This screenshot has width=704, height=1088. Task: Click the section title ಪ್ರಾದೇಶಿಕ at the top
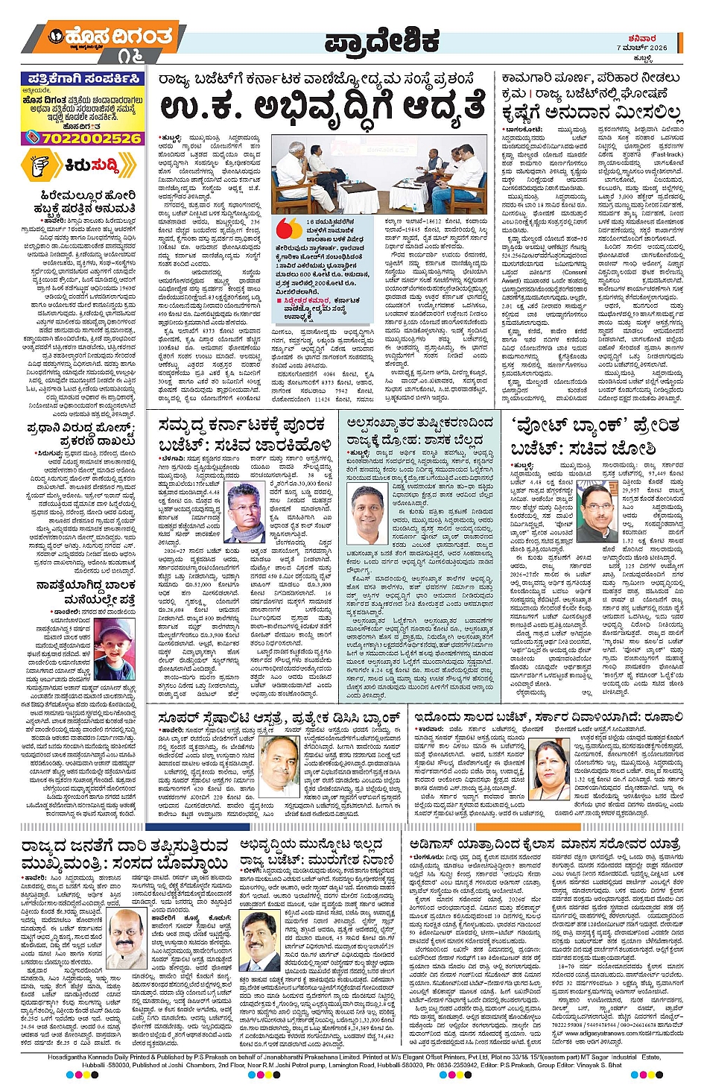[382, 42]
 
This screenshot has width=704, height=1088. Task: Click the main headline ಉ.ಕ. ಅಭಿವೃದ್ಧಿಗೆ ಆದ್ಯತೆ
[323, 107]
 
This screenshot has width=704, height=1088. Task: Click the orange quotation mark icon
[288, 227]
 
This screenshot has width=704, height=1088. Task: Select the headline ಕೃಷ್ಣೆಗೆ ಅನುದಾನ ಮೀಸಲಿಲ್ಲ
[591, 113]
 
